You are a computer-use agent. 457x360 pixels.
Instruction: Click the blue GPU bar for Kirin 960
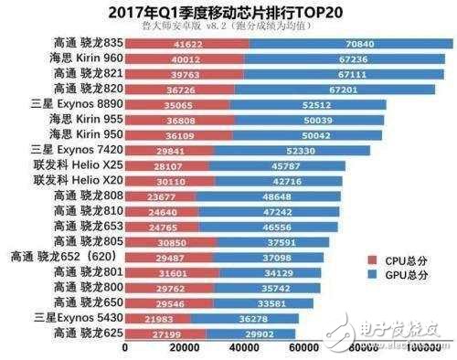point(346,58)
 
